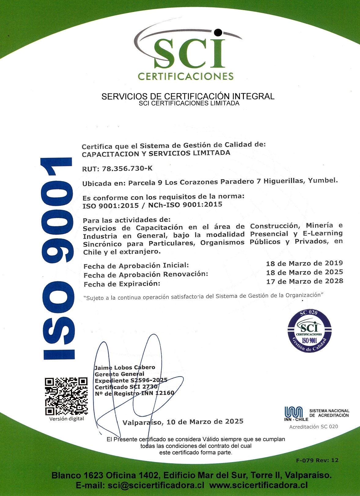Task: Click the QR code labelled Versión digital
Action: coord(66,396)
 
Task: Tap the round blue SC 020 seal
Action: coord(309,331)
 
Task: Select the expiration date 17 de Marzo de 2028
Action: coord(304,281)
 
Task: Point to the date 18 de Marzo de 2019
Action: coord(304,263)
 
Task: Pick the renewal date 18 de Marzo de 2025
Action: coord(304,272)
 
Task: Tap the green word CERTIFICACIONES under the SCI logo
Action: coord(186,76)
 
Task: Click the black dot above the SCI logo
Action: coord(218,32)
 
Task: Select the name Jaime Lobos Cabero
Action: coord(125,367)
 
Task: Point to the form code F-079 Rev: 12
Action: coord(317,460)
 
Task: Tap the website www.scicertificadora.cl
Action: coord(258,485)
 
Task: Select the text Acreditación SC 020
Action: coord(314,427)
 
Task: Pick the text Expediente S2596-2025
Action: coord(131,380)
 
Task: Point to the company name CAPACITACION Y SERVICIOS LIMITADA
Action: coord(156,153)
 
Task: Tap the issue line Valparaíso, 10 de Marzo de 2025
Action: coord(183,422)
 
